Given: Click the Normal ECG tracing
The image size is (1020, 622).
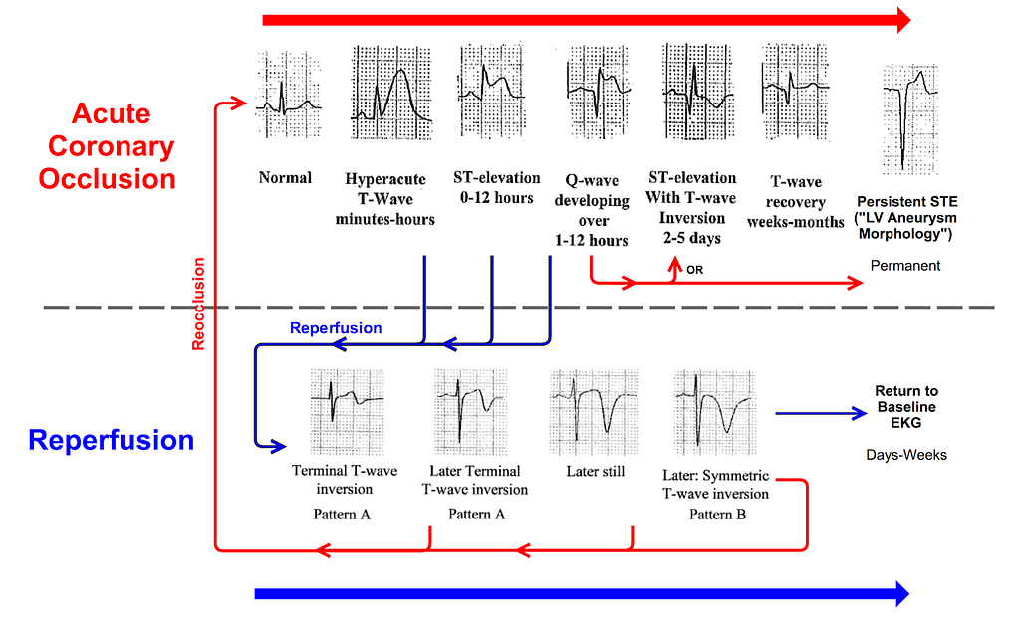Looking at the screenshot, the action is (x=288, y=96).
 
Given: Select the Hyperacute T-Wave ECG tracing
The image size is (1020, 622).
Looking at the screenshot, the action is (x=390, y=93).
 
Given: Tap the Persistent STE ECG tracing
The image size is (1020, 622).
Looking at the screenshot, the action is (x=910, y=119).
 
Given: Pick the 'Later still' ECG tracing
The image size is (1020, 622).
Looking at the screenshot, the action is (x=594, y=412).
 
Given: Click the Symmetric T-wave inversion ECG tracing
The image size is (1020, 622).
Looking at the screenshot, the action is (x=715, y=412).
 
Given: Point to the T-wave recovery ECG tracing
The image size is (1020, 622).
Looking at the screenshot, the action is (x=795, y=92).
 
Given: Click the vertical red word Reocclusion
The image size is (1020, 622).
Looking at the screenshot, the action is (x=198, y=305).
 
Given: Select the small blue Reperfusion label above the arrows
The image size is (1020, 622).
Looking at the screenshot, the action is (x=336, y=328).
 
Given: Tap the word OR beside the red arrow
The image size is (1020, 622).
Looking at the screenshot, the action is (x=694, y=270).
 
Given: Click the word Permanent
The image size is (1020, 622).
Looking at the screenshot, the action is (x=905, y=265).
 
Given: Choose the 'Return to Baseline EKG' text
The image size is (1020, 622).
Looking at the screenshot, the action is (x=906, y=407).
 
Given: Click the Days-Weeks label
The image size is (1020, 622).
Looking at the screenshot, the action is (x=906, y=455).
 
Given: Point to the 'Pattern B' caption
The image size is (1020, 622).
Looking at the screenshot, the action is (x=717, y=515).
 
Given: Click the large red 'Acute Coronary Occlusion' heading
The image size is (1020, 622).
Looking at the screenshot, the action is (x=109, y=146).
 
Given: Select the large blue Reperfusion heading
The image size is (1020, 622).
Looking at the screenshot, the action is (x=112, y=440).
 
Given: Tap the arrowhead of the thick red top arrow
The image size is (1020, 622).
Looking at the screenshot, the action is (x=904, y=20).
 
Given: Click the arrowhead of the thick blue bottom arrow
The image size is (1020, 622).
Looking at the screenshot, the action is (x=902, y=593).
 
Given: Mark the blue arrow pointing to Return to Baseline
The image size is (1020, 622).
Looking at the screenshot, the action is (x=821, y=413).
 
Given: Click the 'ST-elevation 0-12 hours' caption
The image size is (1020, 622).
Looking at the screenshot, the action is (x=497, y=188).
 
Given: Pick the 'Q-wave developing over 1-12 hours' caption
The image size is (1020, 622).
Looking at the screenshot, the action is (x=592, y=211).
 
